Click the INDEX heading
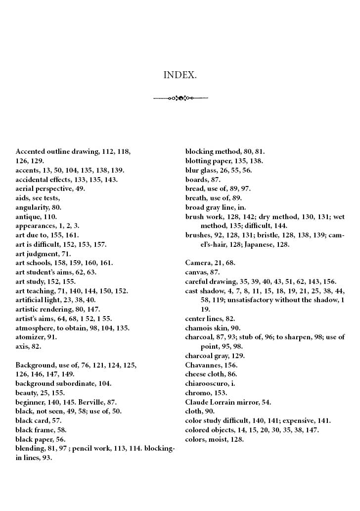[180, 75]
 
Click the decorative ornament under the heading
[180, 98]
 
